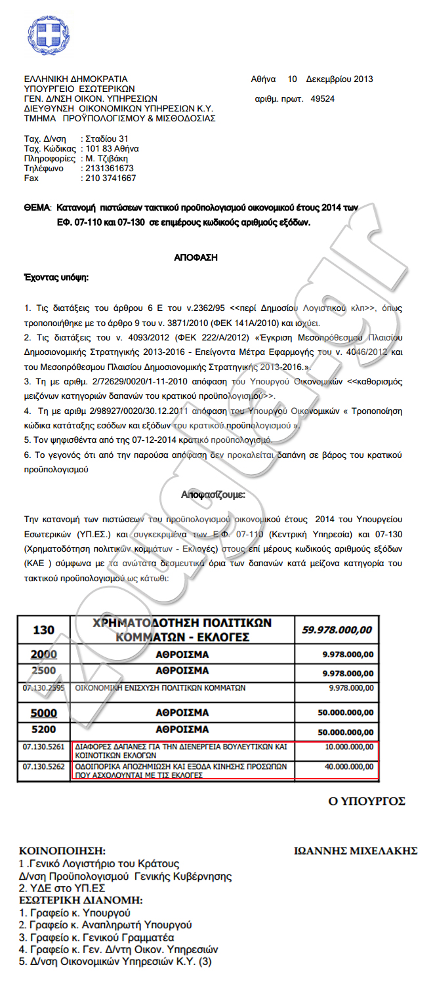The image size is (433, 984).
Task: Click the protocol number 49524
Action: point(322,99)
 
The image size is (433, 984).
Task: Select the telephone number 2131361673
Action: point(110,169)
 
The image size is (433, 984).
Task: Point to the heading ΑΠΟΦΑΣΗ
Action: point(196,258)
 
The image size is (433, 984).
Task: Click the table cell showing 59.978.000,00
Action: point(337,630)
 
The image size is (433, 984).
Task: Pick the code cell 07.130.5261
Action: point(44,747)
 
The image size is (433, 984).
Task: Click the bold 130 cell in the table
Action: point(44,630)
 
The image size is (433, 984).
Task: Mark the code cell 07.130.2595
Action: point(44,688)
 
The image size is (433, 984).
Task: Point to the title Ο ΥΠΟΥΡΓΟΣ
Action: point(367,802)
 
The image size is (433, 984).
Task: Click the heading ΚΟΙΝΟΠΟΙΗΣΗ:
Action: point(62,851)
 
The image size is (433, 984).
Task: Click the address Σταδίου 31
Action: point(107,139)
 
